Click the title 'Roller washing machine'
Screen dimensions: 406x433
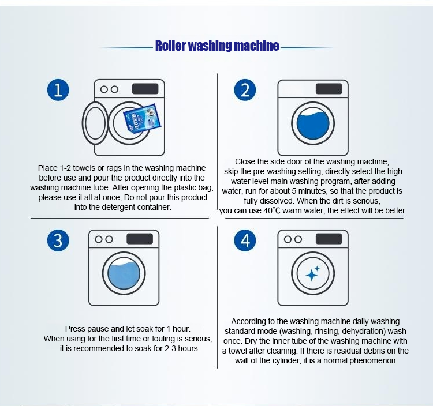(x=217, y=46)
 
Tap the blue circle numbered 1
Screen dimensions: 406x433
(x=58, y=90)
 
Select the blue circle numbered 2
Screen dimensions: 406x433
(x=245, y=90)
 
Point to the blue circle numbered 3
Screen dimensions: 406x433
(x=57, y=240)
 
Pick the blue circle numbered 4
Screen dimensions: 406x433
(x=245, y=240)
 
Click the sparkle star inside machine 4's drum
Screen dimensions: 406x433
(x=312, y=273)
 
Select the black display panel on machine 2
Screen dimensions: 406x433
(x=329, y=89)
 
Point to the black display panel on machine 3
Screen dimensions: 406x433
(x=140, y=239)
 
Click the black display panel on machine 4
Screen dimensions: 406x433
(x=329, y=239)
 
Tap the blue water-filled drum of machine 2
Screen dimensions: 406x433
(x=312, y=126)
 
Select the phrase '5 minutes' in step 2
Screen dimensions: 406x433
(x=308, y=190)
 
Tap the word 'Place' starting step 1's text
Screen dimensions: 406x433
(x=48, y=168)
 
